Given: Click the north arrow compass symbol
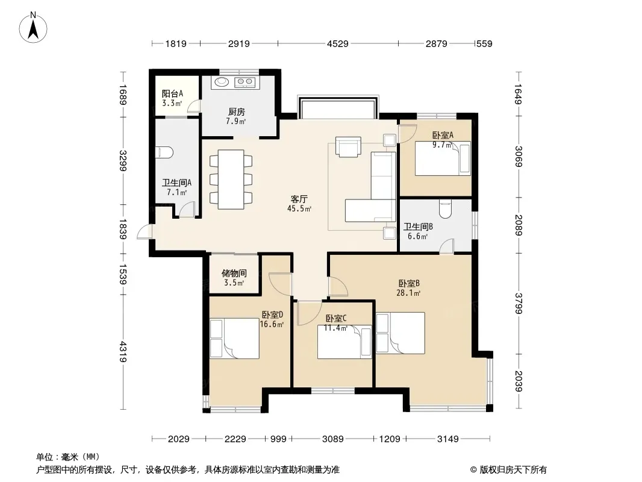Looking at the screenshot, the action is [x=33, y=28].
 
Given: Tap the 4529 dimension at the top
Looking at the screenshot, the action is [x=337, y=43].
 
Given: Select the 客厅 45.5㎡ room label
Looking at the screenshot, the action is [x=299, y=204].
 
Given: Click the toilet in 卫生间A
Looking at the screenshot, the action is [x=164, y=152].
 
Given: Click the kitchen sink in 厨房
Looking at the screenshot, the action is [x=222, y=82].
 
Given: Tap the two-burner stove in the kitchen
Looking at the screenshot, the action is [x=245, y=83].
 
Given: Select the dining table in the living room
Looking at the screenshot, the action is [x=231, y=180].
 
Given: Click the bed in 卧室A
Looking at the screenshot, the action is [x=443, y=158].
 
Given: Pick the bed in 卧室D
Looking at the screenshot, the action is [x=234, y=339].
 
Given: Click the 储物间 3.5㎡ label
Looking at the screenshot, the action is [x=234, y=277].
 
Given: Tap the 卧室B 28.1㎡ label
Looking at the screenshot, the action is [x=408, y=287].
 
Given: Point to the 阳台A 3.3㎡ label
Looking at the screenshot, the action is [x=172, y=98].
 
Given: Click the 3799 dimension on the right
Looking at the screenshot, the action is [x=519, y=304].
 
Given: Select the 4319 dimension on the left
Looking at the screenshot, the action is [x=123, y=352].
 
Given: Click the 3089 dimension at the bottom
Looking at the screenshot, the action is [x=332, y=439].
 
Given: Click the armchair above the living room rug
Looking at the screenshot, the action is [x=348, y=146].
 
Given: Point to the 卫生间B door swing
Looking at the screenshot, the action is [x=447, y=246].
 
